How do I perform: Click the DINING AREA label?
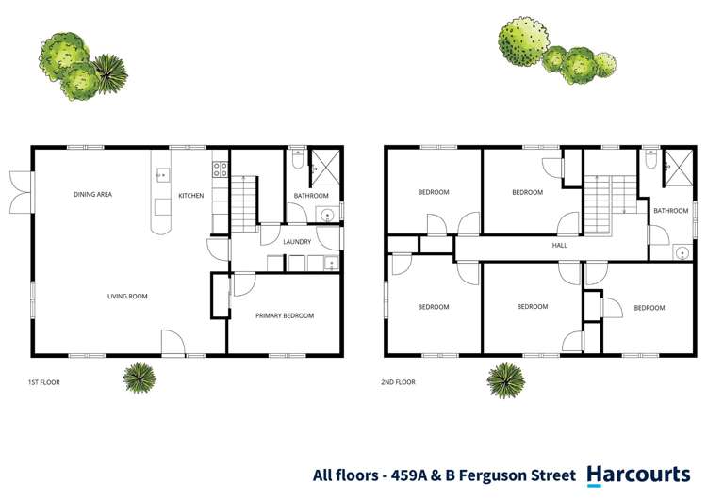point(93,195)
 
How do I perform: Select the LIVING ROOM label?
point(127,297)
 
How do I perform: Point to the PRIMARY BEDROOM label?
point(285,316)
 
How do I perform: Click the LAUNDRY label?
point(297,242)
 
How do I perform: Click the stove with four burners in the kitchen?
point(220,170)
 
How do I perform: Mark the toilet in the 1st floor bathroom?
point(298,164)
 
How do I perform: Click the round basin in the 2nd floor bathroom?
point(682,251)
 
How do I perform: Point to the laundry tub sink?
point(330,263)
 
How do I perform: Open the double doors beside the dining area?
point(21,191)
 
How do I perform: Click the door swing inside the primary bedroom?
point(242,283)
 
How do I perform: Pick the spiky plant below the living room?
point(140,377)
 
